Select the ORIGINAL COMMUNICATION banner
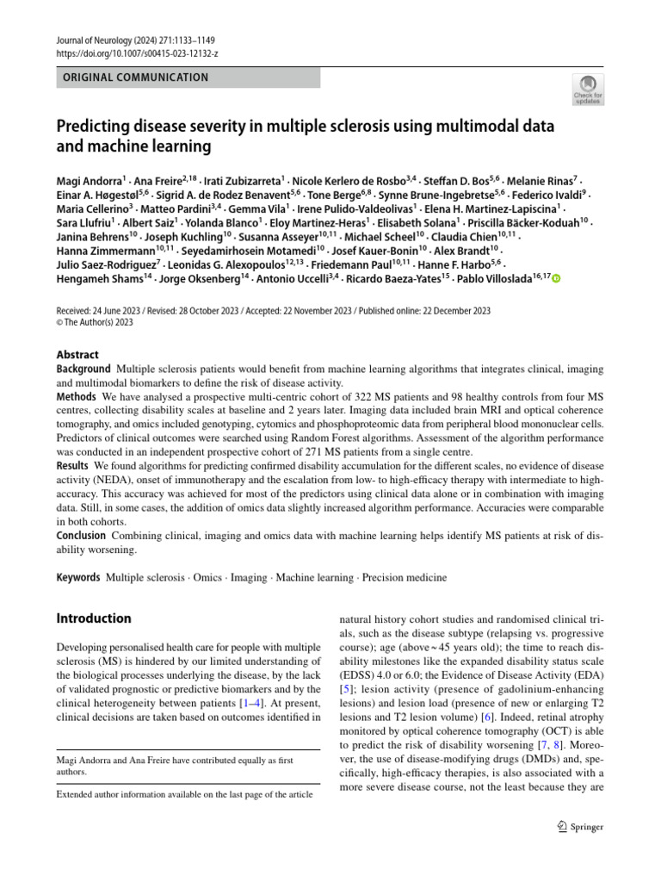click(188, 78)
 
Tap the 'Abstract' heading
click(77, 354)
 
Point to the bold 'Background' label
click(83, 369)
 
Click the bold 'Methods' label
click(77, 396)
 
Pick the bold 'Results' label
click(74, 466)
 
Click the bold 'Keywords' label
click(78, 577)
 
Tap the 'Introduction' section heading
click(94, 618)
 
